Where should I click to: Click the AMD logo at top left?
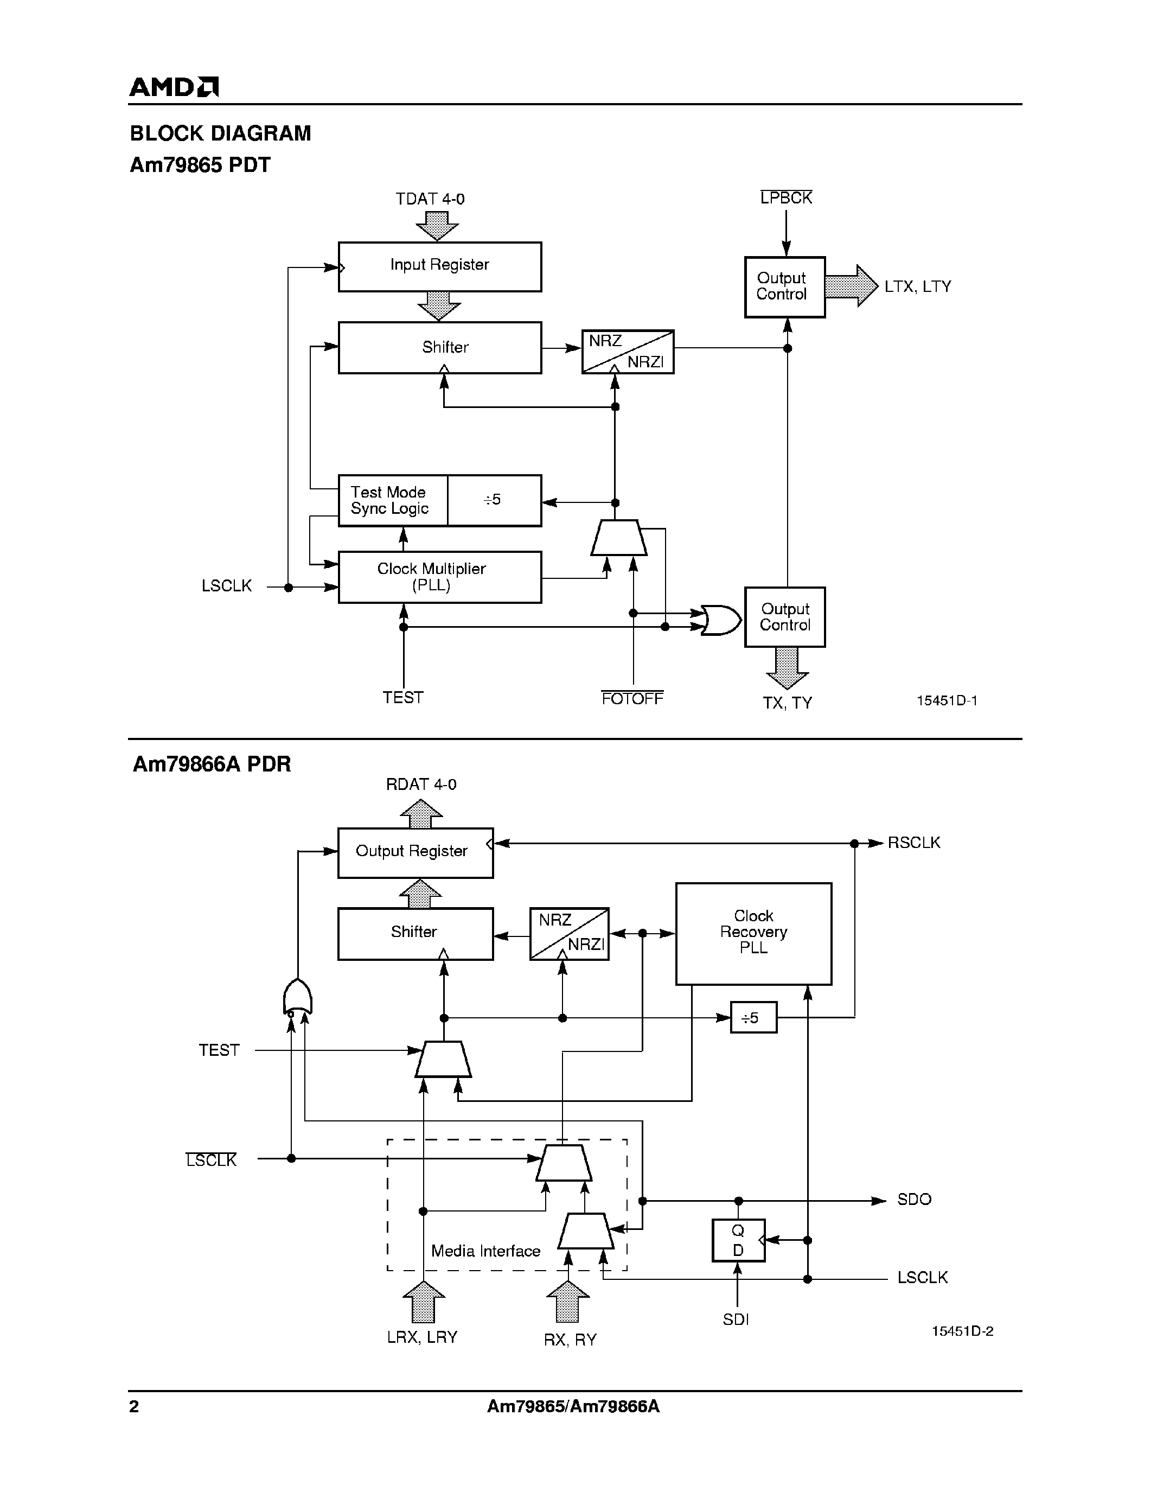174,87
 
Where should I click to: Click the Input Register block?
439,266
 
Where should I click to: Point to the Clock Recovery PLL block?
753,933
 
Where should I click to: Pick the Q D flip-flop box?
738,1240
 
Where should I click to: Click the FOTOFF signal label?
632,698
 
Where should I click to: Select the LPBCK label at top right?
786,198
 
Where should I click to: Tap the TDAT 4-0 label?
430,199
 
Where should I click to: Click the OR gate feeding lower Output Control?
721,620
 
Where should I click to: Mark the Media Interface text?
485,1251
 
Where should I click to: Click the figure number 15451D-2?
962,1331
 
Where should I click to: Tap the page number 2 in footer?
135,1407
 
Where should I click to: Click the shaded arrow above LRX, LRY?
424,1302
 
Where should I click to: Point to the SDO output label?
914,1200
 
